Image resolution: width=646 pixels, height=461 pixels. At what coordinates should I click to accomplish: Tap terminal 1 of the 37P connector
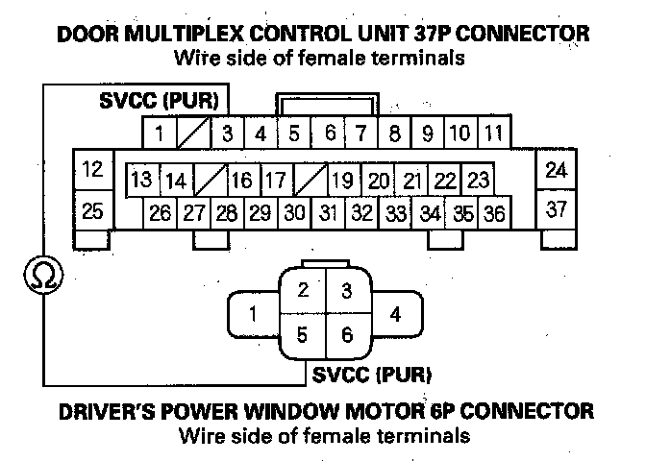point(159,133)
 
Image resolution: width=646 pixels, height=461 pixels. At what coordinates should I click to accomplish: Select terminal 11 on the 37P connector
point(493,132)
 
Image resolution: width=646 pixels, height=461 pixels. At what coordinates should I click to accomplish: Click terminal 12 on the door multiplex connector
point(92,171)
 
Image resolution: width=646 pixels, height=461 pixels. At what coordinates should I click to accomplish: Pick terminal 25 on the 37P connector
point(92,210)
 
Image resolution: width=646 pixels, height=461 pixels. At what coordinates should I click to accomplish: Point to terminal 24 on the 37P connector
point(556,171)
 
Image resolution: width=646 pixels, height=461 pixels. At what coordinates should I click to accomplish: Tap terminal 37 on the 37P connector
point(556,210)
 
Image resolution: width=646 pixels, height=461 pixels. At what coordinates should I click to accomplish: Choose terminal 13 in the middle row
point(142,180)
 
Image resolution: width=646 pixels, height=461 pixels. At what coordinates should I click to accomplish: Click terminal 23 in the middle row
point(479,180)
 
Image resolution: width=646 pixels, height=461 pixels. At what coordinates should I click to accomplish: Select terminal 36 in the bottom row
point(494,213)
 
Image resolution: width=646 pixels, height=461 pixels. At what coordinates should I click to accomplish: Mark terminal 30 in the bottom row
point(295,213)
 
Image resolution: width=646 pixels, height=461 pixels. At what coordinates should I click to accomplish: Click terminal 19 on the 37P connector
point(343,180)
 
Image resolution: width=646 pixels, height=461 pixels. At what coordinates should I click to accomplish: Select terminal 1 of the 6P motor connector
point(252,314)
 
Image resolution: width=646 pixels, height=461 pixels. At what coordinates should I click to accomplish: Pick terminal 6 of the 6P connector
point(347,337)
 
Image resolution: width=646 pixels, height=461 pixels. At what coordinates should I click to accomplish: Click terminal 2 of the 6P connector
point(303,291)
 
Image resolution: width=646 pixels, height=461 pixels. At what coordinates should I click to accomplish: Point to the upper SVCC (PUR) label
point(161,100)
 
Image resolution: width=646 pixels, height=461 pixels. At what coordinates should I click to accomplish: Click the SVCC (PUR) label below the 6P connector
point(370,372)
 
